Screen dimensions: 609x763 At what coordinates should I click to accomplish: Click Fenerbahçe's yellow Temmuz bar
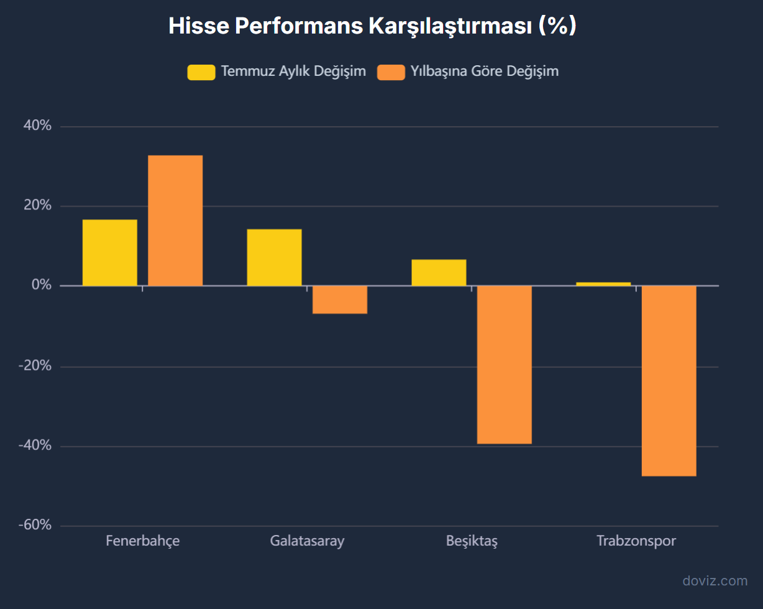pyautogui.click(x=110, y=252)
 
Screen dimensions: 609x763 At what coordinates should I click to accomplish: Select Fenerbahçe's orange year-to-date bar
pyautogui.click(x=175, y=221)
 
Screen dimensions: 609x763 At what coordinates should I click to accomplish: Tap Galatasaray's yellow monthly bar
pyautogui.click(x=274, y=257)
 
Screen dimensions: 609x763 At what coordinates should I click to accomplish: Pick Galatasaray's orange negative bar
pyautogui.click(x=340, y=300)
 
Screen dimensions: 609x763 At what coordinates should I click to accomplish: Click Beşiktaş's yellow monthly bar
pyautogui.click(x=439, y=272)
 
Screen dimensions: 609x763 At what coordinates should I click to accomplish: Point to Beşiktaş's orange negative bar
pyautogui.click(x=504, y=365)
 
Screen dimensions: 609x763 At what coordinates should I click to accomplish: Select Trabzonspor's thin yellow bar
pyautogui.click(x=603, y=284)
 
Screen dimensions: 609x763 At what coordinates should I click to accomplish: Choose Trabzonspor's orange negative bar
pyautogui.click(x=669, y=381)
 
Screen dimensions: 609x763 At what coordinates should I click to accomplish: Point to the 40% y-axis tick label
pyautogui.click(x=37, y=126)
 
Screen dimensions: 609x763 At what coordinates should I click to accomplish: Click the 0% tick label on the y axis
pyautogui.click(x=42, y=285)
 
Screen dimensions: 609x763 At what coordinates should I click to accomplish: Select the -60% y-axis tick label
pyautogui.click(x=35, y=526)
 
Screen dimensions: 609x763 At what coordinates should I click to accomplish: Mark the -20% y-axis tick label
pyautogui.click(x=35, y=366)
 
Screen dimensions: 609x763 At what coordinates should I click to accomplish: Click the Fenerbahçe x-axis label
pyautogui.click(x=142, y=541)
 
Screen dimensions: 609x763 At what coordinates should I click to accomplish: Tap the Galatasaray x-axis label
pyautogui.click(x=307, y=541)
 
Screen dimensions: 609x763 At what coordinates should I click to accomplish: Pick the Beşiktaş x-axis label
pyautogui.click(x=472, y=541)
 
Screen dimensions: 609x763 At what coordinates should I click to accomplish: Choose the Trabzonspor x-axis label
pyautogui.click(x=636, y=541)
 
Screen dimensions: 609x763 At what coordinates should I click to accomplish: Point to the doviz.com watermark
pyautogui.click(x=715, y=581)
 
